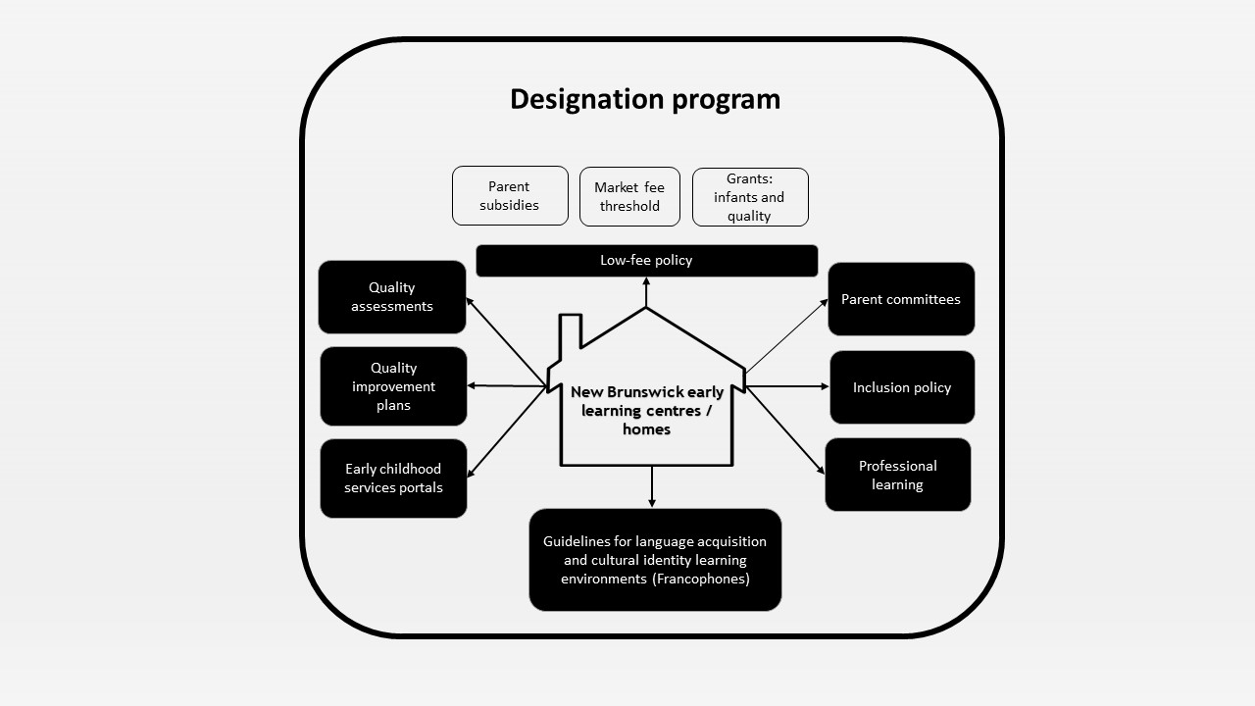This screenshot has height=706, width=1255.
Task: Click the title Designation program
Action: [645, 99]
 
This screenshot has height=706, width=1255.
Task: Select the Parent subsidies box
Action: [510, 196]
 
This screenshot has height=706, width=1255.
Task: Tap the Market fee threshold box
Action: [629, 196]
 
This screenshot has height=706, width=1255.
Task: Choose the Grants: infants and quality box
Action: [750, 197]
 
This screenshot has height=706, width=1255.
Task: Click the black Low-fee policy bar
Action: [646, 261]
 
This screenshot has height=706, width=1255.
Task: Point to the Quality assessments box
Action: [392, 297]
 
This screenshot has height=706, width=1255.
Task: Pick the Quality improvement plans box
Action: [393, 386]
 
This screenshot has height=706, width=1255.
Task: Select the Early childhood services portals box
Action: [393, 479]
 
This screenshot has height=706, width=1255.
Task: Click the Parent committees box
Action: [901, 299]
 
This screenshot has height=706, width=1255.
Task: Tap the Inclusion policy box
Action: [902, 387]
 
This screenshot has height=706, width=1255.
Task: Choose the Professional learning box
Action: [897, 475]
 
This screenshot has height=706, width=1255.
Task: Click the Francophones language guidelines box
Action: [655, 560]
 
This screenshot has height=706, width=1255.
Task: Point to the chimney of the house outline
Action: [571, 333]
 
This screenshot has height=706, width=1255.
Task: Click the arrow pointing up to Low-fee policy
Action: [646, 292]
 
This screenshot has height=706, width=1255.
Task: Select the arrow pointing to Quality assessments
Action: [505, 340]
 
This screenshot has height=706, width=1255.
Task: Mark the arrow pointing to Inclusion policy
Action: [787, 386]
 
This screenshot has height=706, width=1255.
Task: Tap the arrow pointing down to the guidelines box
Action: [652, 486]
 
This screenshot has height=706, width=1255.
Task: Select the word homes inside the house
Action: [646, 429]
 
